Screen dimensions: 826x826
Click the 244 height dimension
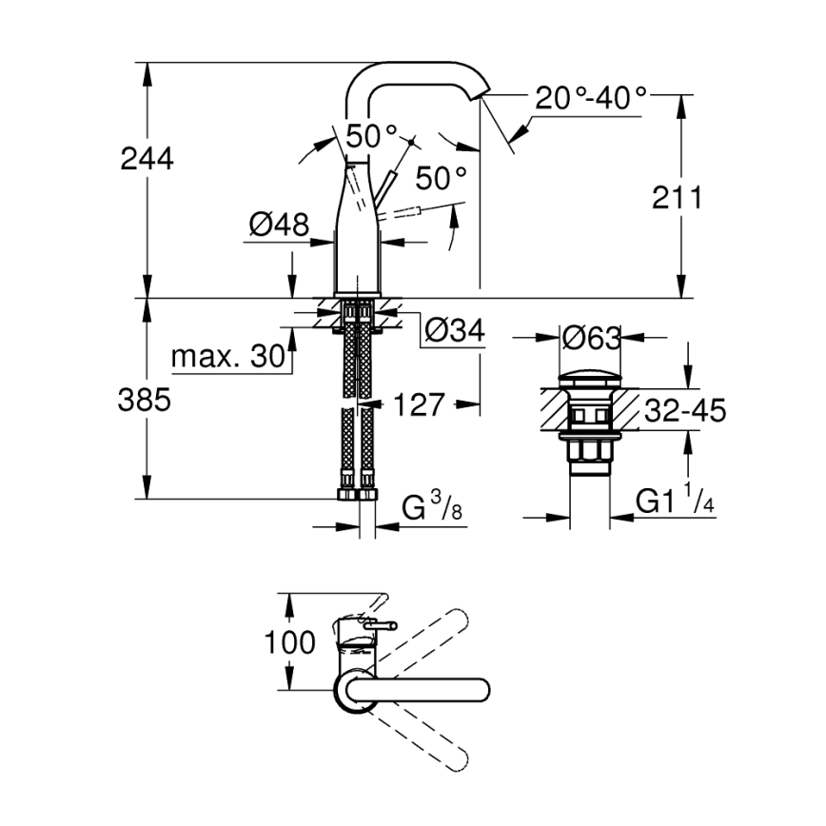[x=147, y=159]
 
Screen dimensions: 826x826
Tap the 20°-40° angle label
[x=589, y=98]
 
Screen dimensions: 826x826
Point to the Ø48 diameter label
[x=279, y=225]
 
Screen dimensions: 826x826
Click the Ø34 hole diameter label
[x=454, y=331]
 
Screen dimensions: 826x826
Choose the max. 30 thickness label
[x=228, y=357]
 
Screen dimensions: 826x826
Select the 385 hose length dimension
[x=147, y=401]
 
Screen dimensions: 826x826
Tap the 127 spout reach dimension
[x=419, y=404]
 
